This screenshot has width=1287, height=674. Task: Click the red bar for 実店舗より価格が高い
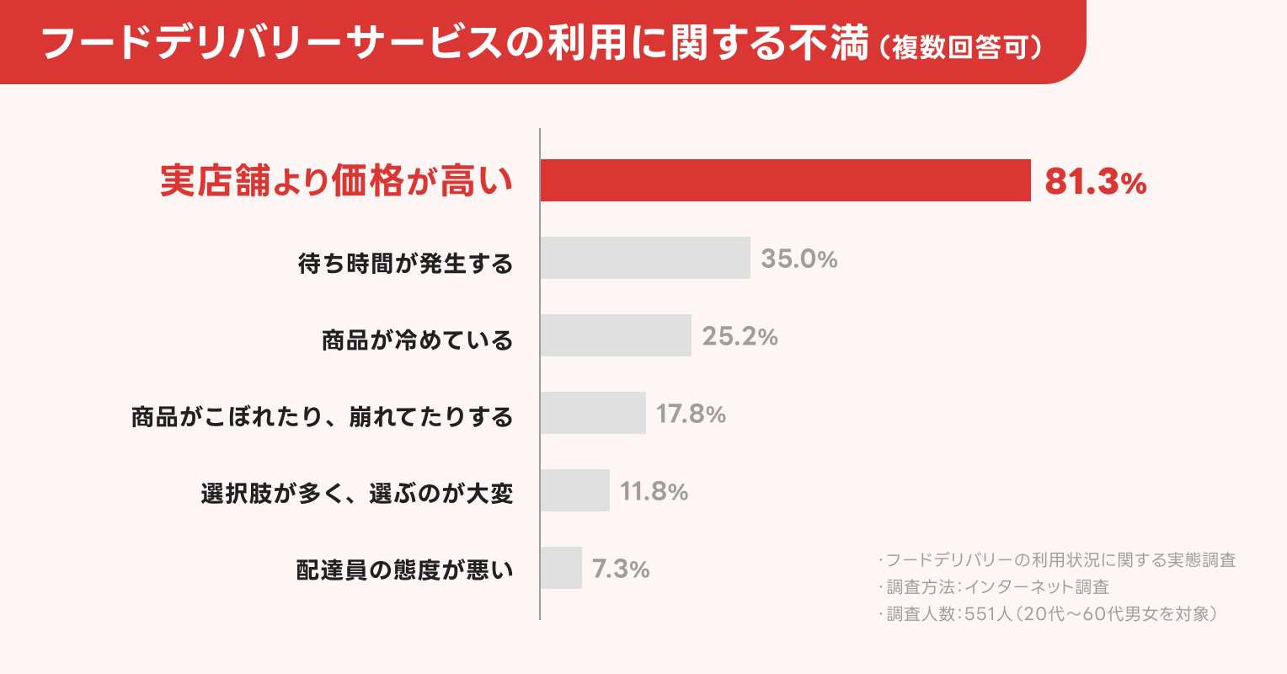click(x=785, y=180)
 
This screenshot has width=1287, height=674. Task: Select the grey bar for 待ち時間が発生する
click(x=645, y=258)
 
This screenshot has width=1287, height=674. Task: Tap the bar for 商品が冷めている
click(x=616, y=335)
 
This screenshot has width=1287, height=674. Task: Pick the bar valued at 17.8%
click(x=593, y=413)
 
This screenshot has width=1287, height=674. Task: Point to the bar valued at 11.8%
click(x=574, y=490)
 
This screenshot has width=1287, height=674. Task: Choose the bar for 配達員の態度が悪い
click(x=561, y=568)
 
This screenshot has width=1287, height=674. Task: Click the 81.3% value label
click(x=1095, y=182)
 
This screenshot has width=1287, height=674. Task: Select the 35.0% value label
click(x=798, y=259)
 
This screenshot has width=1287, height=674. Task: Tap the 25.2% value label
click(x=740, y=336)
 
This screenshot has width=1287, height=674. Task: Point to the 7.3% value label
click(x=621, y=569)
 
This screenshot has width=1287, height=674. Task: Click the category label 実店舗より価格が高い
click(x=336, y=181)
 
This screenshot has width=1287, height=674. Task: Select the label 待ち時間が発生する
click(x=405, y=264)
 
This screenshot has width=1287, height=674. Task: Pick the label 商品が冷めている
click(x=417, y=340)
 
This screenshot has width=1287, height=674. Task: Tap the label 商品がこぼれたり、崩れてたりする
click(x=322, y=417)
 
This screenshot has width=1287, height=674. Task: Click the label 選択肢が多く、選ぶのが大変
click(x=356, y=494)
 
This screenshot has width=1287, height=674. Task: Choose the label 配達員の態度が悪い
click(x=404, y=570)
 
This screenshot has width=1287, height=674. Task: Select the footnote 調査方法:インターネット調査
click(x=997, y=587)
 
